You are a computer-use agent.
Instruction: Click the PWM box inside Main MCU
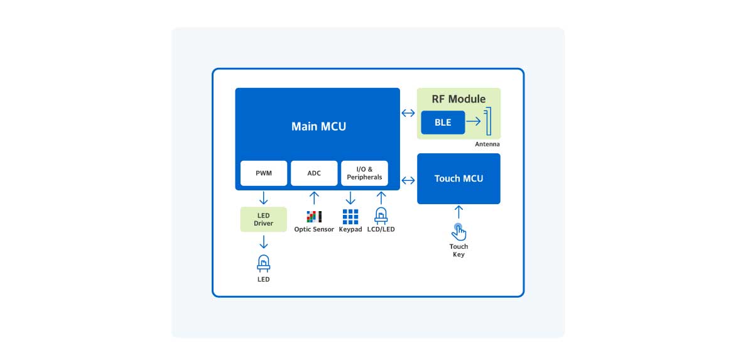tap(264, 173)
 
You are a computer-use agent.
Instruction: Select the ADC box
tap(314, 173)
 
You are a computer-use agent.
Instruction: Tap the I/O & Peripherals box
tap(364, 173)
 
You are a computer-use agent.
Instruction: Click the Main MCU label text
tap(318, 126)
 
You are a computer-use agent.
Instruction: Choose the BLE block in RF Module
tap(443, 123)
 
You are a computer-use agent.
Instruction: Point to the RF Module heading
tap(458, 99)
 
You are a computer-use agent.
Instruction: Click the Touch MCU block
tap(458, 178)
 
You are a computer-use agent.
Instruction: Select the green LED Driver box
tap(263, 219)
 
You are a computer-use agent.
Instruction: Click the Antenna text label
tap(487, 145)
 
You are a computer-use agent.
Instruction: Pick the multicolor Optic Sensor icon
tap(314, 217)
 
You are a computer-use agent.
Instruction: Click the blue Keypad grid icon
tap(350, 217)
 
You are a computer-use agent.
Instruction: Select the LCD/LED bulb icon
tap(381, 216)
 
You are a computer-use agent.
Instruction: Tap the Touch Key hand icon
tap(459, 232)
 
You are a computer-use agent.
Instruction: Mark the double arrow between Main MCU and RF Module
tap(408, 113)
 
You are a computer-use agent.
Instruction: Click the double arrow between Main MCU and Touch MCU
tap(408, 180)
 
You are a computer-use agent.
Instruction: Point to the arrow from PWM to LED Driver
tap(263, 199)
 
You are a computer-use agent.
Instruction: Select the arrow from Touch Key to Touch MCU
tap(458, 212)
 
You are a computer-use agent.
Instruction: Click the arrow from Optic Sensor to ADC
tap(314, 199)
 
